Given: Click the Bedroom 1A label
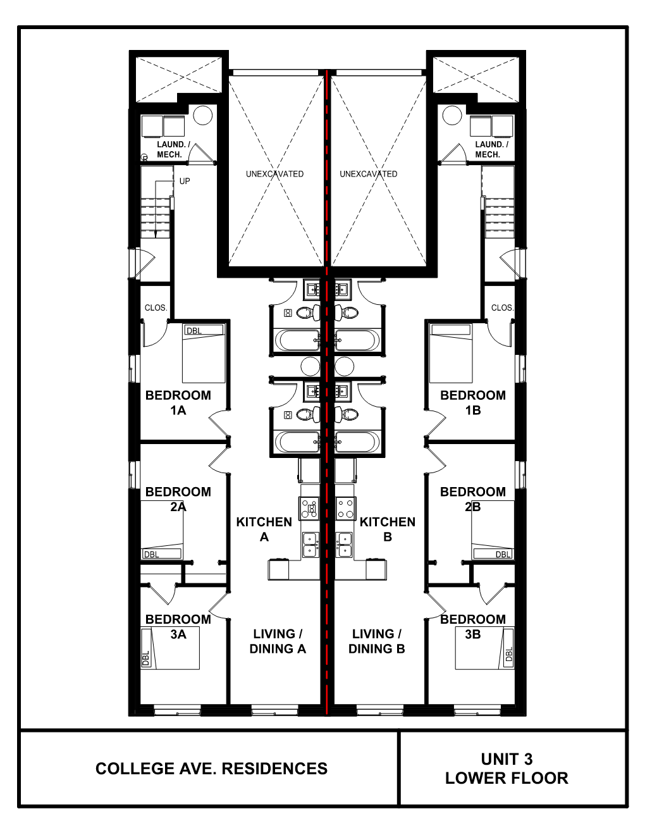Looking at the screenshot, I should [x=178, y=403].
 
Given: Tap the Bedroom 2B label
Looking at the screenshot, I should [x=472, y=499].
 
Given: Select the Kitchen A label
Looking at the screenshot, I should [x=264, y=529].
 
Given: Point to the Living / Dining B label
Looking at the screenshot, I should [x=376, y=641].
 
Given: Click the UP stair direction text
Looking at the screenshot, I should [x=184, y=182].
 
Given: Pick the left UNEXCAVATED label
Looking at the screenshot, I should [x=274, y=174].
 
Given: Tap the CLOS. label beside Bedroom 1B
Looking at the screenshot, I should [x=502, y=308].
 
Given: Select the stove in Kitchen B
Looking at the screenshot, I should [x=345, y=508].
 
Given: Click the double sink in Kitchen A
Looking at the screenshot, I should [x=310, y=545].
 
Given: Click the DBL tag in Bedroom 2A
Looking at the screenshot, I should [x=152, y=555].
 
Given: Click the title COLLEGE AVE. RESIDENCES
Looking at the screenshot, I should [x=211, y=769].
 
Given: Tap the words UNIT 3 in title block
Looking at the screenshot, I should [x=507, y=759].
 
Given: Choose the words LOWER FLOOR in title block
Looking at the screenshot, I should [x=507, y=778].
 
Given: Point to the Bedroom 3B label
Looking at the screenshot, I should [x=472, y=626].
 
